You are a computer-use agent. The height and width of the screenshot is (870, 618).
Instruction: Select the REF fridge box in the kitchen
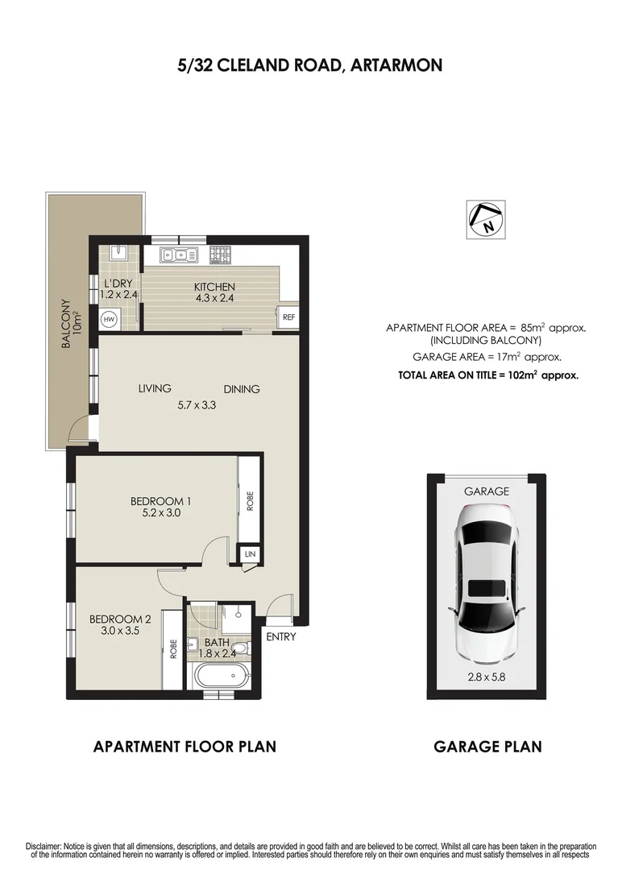[288, 317]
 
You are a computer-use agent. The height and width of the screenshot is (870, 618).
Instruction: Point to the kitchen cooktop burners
[221, 255]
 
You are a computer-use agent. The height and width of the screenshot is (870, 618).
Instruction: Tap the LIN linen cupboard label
[250, 554]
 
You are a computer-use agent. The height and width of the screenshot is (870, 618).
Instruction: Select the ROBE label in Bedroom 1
[250, 501]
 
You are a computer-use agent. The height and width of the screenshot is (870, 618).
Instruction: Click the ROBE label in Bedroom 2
[172, 649]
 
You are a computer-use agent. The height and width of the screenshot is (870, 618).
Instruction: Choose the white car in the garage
[486, 579]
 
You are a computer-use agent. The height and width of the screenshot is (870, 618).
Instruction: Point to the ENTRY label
[280, 636]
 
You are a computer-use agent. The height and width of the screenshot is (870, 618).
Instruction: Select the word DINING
[242, 389]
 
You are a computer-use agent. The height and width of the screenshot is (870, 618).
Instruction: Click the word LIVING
[155, 389]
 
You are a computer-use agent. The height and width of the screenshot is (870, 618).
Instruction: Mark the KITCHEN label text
[214, 287]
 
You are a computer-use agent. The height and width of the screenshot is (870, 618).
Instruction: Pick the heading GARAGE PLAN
[487, 747]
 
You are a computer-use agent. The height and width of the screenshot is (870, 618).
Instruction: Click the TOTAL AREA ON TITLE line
[488, 375]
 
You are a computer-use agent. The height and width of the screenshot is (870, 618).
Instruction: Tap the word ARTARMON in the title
[396, 65]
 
